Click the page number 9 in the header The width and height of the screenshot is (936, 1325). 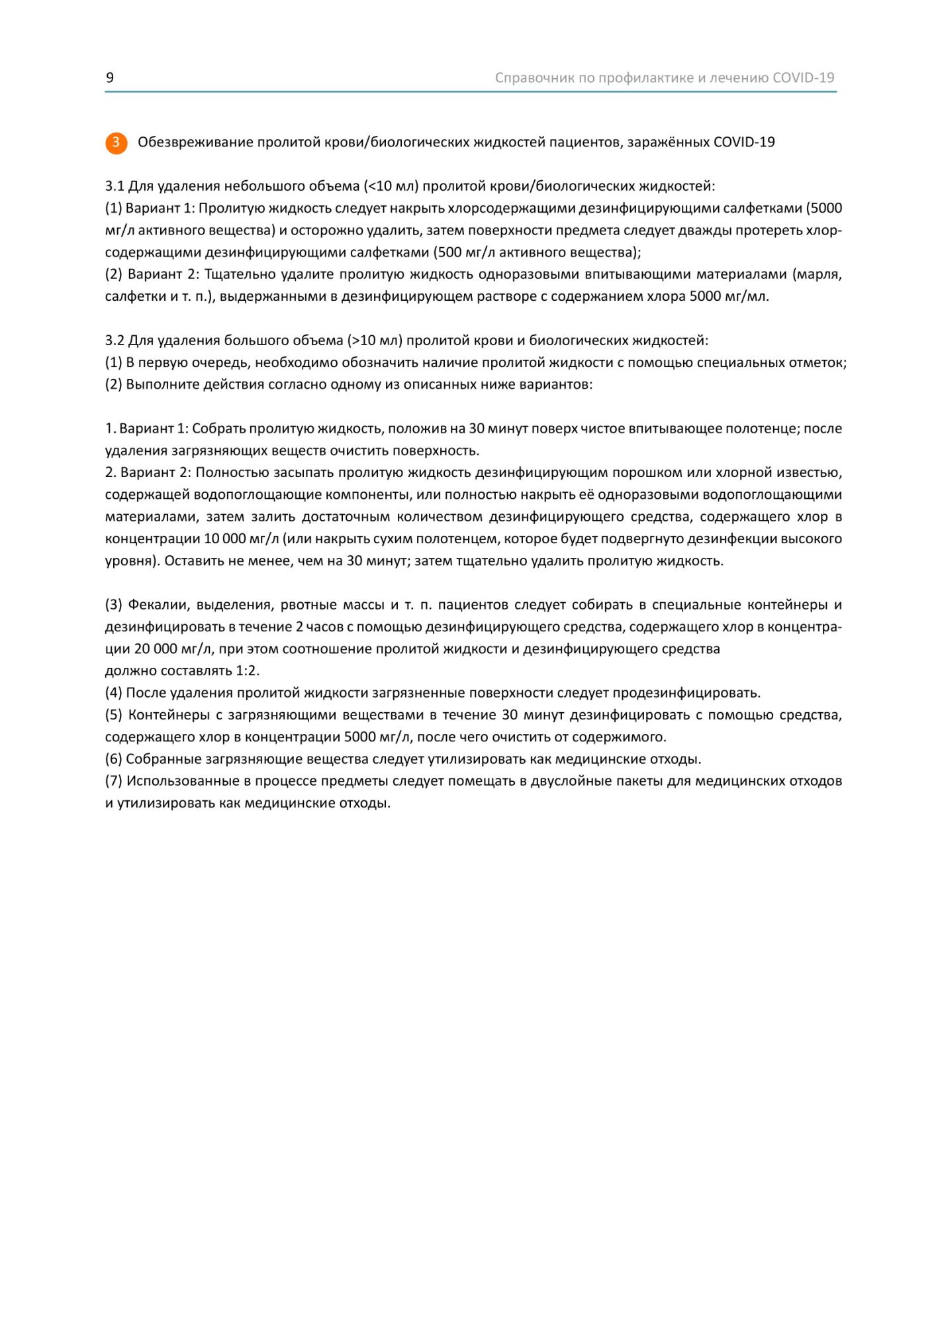click(x=110, y=78)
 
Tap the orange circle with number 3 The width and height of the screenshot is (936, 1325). click(x=116, y=142)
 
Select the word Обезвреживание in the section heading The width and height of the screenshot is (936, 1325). click(x=195, y=142)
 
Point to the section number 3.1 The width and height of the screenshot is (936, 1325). click(x=115, y=186)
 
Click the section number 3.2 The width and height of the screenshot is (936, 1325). click(x=115, y=341)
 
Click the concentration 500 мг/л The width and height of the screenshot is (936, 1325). click(x=464, y=252)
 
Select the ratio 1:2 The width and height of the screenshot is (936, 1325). click(x=248, y=670)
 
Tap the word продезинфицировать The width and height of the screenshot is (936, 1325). click(x=686, y=693)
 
